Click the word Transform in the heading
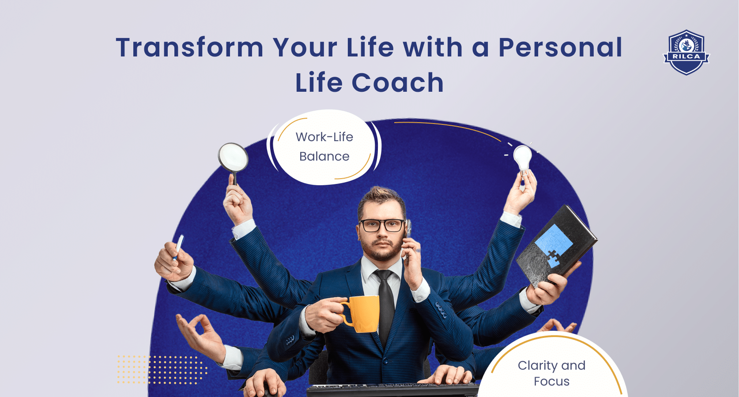190,48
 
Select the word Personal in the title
560,48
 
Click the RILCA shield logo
686,52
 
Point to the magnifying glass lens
233,157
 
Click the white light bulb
523,157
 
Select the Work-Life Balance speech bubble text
324,146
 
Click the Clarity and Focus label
551,373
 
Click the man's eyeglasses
382,225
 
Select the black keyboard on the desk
393,390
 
